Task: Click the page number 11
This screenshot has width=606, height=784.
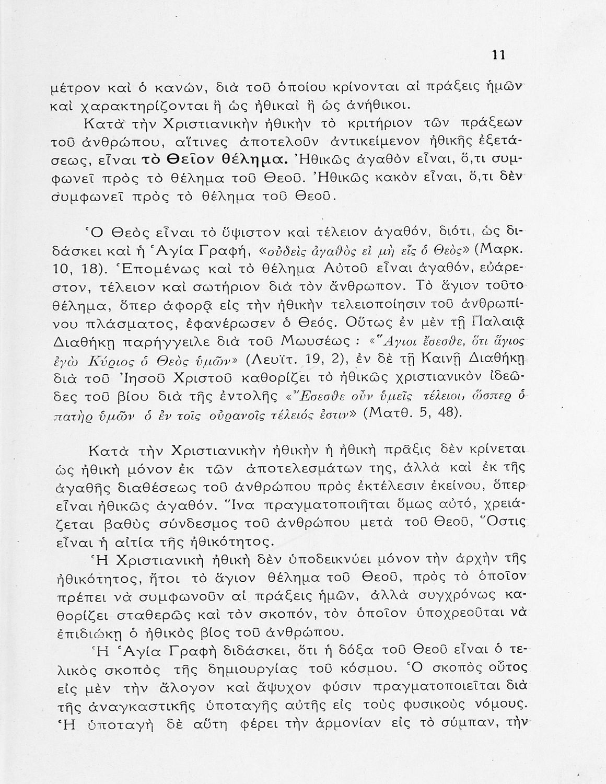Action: click(x=499, y=55)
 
